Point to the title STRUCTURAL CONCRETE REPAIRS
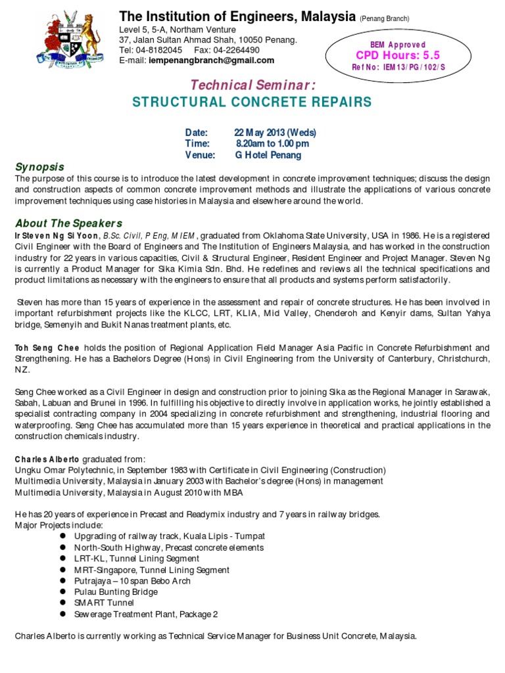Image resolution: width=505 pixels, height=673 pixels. [252, 102]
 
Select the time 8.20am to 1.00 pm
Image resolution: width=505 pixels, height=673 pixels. [272, 143]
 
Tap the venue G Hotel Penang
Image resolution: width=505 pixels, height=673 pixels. [268, 155]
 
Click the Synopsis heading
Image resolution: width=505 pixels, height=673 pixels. [39, 167]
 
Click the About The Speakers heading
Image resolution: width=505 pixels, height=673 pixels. [68, 223]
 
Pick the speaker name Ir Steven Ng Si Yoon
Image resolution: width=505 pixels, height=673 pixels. [53, 236]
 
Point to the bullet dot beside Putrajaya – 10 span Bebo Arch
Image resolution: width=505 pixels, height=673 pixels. [62, 581]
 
